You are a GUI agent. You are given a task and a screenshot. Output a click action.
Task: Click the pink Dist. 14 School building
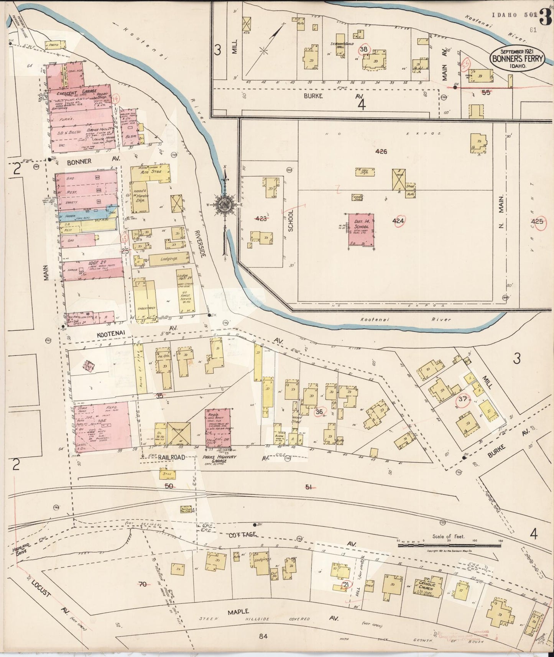point(361,230)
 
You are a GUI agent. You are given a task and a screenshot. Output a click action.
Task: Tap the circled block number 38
point(364,49)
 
